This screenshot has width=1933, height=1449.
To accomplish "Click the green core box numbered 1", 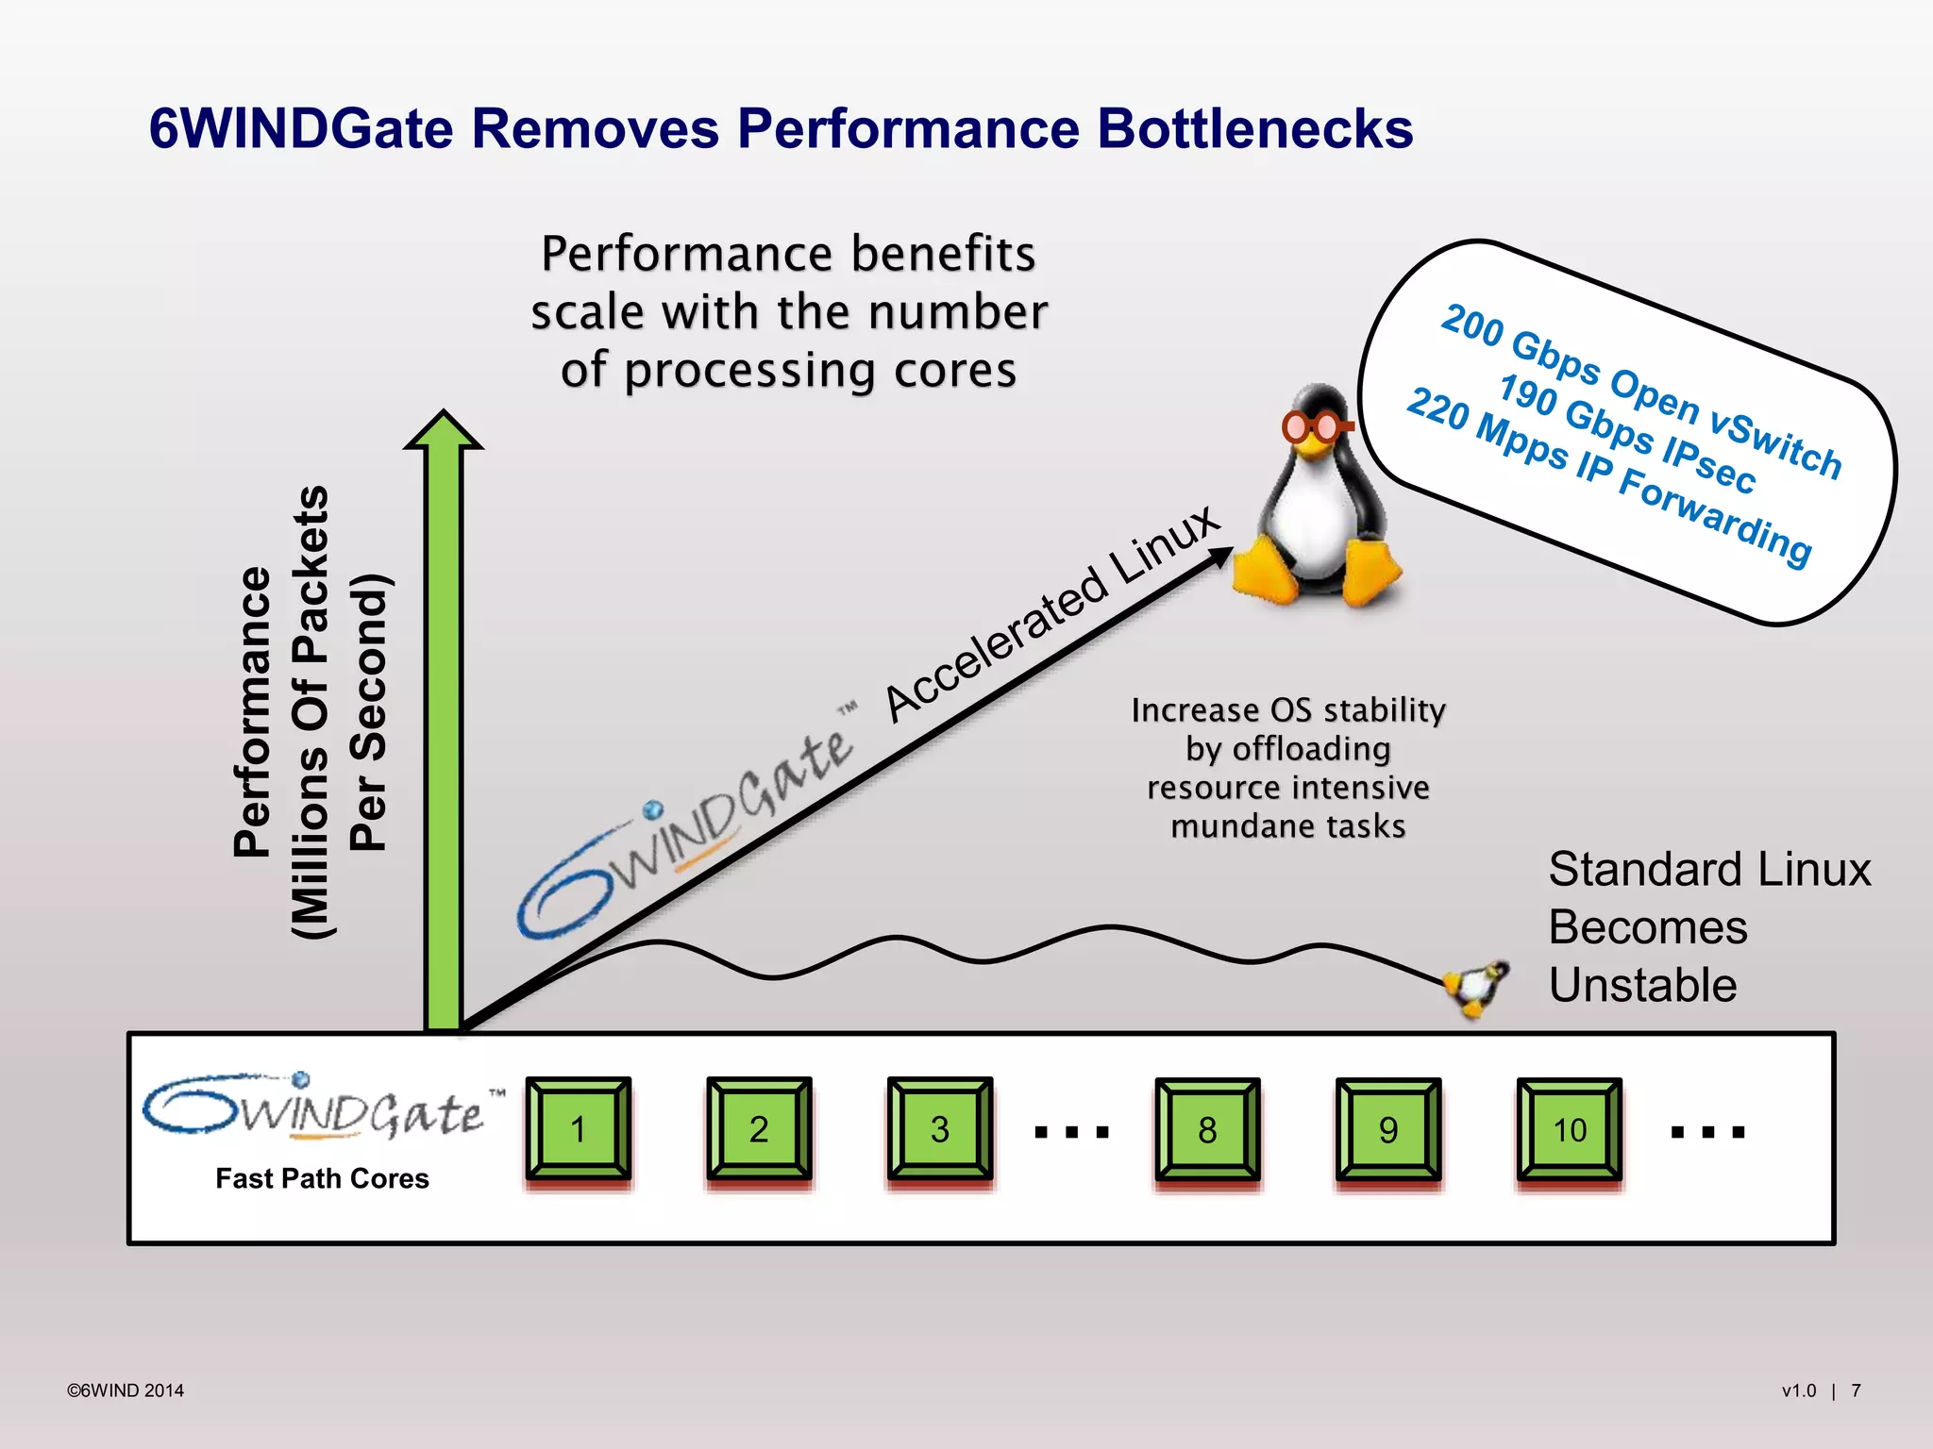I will (x=579, y=1128).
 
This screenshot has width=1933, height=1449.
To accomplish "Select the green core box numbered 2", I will (x=759, y=1128).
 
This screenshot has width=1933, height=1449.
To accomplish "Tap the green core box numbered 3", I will (x=940, y=1128).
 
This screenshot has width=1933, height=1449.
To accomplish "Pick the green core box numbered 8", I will (x=1207, y=1129).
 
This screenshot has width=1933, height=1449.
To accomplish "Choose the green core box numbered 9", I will (x=1388, y=1129).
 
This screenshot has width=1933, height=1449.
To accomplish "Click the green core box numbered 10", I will (x=1570, y=1129).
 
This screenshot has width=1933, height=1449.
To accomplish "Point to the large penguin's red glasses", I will (x=1315, y=427).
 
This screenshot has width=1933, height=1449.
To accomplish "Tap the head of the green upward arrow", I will (x=444, y=432).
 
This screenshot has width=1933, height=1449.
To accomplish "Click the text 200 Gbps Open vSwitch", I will (x=1641, y=391).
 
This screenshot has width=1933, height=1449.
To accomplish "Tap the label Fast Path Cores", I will (x=322, y=1178).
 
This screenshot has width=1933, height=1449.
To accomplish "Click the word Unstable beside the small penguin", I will (x=1642, y=985).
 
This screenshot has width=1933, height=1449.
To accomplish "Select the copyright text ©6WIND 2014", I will (x=126, y=1391).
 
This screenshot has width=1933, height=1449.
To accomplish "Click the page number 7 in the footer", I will (x=1856, y=1391).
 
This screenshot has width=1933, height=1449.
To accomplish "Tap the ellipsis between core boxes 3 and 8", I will (x=1072, y=1131).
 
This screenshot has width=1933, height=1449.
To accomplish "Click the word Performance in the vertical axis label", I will (x=253, y=712).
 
